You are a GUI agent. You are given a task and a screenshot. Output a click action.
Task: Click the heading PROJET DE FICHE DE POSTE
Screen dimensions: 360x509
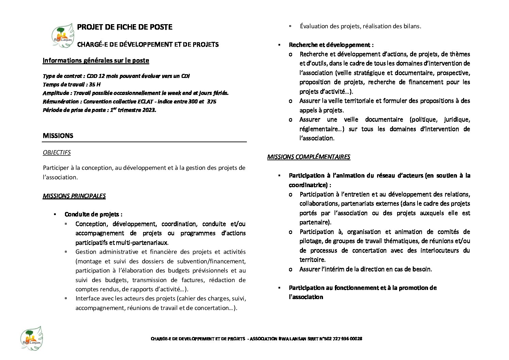[x=125, y=27]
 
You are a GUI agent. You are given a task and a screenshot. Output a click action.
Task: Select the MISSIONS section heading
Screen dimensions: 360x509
[x=58, y=136]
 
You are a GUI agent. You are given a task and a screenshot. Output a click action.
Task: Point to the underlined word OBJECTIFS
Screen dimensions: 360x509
[x=57, y=152]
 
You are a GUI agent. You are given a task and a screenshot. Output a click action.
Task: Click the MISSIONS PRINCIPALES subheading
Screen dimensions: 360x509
[x=74, y=196]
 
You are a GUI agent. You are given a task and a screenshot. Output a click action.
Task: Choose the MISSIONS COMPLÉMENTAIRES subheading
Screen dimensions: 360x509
[x=308, y=157]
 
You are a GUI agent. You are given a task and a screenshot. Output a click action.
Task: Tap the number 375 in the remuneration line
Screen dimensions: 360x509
[x=211, y=101]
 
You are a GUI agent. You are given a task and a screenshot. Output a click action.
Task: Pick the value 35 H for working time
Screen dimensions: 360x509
[x=95, y=84]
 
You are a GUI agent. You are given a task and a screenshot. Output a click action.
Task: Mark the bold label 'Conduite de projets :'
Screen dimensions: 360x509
[x=94, y=214]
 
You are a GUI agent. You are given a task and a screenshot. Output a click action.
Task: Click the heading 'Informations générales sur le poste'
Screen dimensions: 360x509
[x=96, y=61]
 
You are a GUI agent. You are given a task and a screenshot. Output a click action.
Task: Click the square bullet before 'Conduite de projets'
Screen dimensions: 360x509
[x=54, y=214]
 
